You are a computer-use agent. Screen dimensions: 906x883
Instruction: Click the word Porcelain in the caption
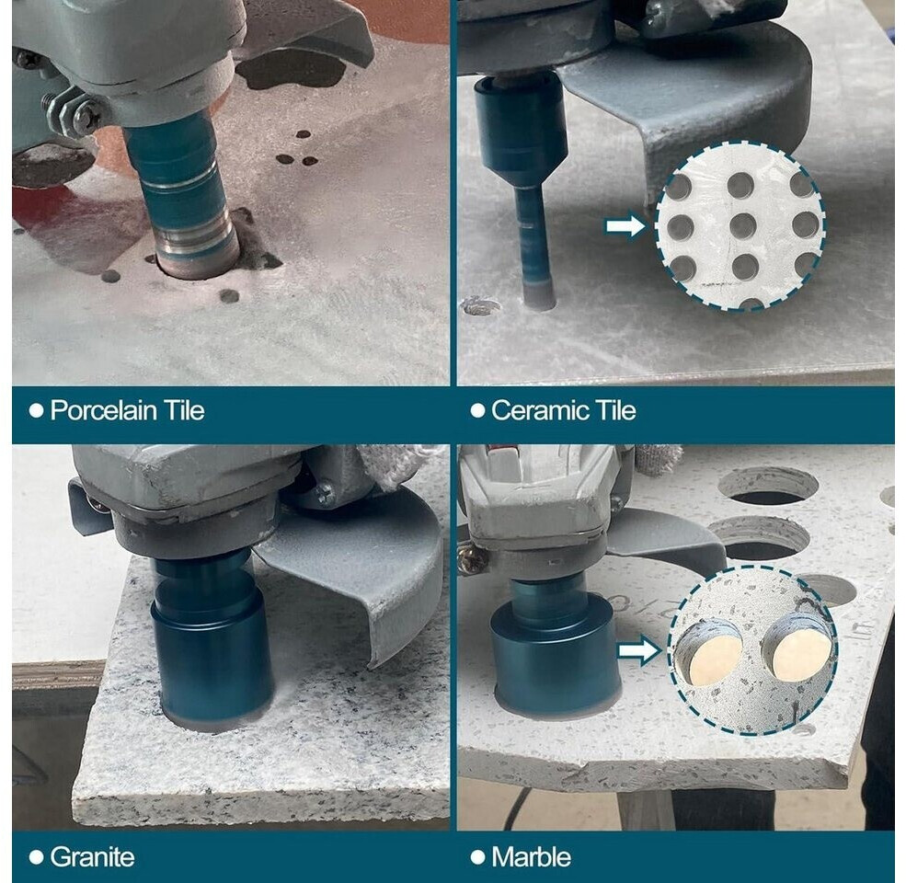[x=103, y=411]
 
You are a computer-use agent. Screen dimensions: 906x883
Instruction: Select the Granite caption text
[x=92, y=857]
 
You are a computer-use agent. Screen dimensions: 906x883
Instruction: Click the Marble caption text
[x=531, y=857]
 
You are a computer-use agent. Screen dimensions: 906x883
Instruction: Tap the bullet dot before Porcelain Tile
[x=37, y=411]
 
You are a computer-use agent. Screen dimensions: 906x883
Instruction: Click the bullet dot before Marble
[x=478, y=857]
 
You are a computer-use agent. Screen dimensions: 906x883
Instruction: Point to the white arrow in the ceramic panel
[x=625, y=226]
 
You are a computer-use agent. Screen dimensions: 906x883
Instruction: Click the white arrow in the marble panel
[x=639, y=650]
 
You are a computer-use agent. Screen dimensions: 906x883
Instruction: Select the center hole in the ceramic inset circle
[x=742, y=226]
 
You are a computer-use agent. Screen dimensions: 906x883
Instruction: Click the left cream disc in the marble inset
[x=709, y=655]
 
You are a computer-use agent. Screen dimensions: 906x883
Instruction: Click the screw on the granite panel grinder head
[x=323, y=493]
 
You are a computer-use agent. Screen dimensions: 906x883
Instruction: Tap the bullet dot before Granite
[x=37, y=857]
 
